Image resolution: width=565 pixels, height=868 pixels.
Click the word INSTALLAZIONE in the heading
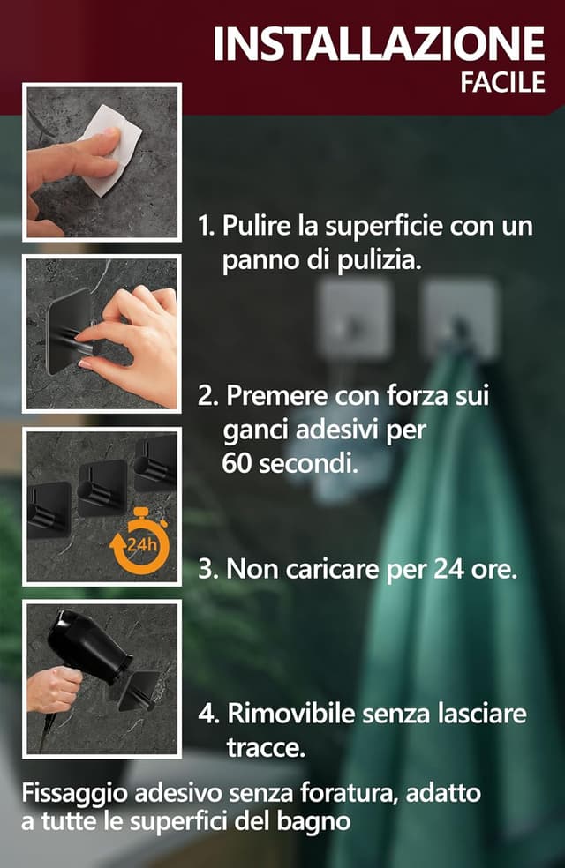(379, 44)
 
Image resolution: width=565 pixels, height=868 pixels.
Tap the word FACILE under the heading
(502, 84)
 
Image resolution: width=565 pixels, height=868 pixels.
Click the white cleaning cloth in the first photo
(114, 150)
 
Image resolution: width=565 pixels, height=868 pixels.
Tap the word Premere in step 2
(268, 396)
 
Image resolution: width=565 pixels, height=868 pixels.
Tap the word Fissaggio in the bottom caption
(75, 793)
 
